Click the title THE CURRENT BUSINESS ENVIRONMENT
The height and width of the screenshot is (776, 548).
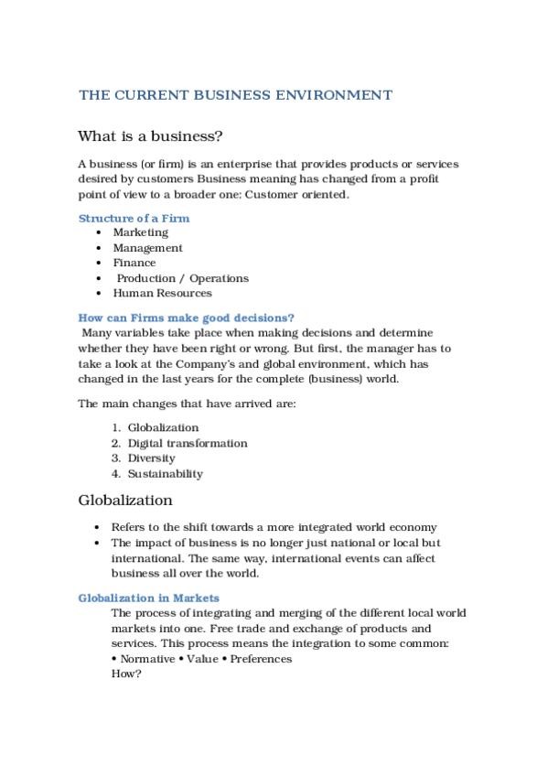(x=235, y=95)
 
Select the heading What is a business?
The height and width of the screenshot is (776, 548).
(x=151, y=136)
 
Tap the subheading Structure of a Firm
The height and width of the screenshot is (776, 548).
(x=134, y=219)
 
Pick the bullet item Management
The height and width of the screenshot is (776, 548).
(x=147, y=248)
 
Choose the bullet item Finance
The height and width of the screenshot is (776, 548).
(x=134, y=263)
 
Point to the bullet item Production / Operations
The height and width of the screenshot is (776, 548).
(x=182, y=278)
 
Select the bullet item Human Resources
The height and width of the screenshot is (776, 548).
(x=162, y=293)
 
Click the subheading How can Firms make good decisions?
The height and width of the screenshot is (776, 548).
(x=187, y=318)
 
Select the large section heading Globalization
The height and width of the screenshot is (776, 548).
(x=125, y=501)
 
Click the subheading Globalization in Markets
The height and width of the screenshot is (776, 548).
(x=149, y=598)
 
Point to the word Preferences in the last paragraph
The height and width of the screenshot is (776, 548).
(x=261, y=659)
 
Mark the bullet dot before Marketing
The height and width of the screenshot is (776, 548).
(x=98, y=233)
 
